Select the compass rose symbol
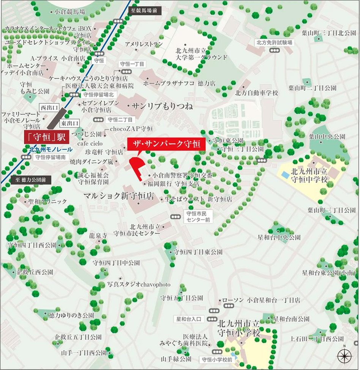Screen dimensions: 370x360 tap(344, 356)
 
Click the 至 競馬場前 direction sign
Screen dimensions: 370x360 tap(145, 11)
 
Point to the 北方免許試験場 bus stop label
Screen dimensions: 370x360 tap(274, 43)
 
